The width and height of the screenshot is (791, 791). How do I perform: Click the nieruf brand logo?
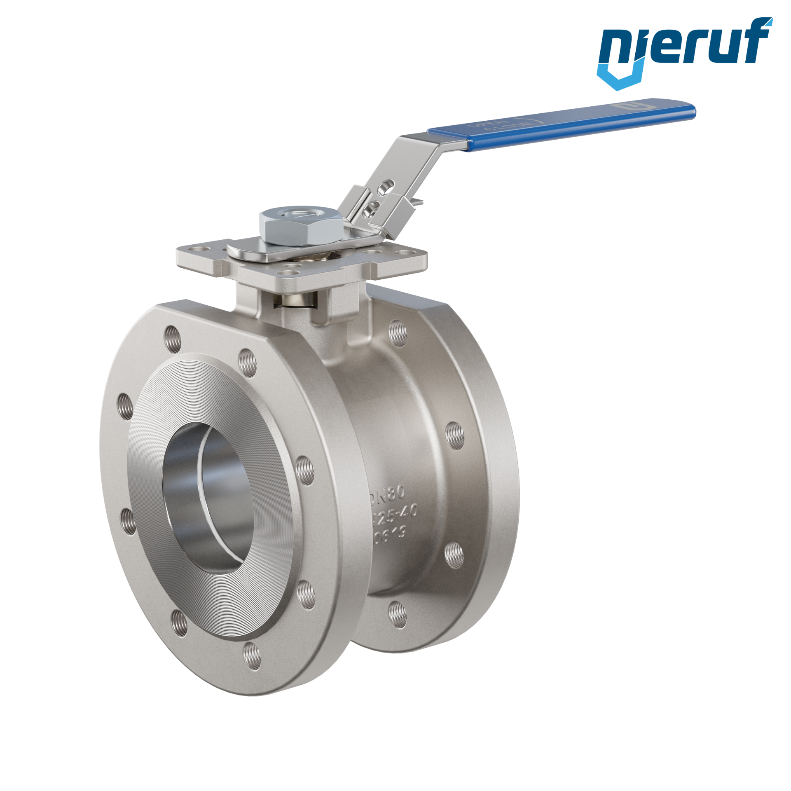(684, 50)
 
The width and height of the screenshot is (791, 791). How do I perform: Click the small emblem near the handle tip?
(625, 106)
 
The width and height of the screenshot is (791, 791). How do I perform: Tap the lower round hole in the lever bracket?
(372, 206)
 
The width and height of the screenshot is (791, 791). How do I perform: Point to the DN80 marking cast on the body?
(389, 492)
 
